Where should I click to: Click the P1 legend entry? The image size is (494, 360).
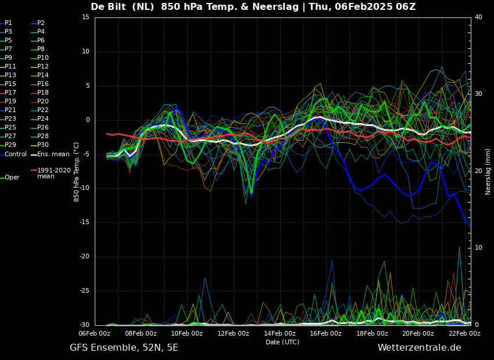pyautogui.click(x=6, y=23)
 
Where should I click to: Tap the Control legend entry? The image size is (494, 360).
pyautogui.click(x=13, y=154)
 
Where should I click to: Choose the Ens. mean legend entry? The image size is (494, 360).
pyautogui.click(x=51, y=154)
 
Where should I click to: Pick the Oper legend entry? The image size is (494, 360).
pyautogui.click(x=10, y=178)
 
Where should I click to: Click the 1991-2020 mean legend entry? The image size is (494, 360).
pyautogui.click(x=51, y=173)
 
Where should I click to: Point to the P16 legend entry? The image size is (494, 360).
pyautogui.click(x=40, y=84)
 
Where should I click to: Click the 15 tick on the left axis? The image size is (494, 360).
pyautogui.click(x=85, y=17)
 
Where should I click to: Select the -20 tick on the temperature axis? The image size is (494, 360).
pyautogui.click(x=84, y=257)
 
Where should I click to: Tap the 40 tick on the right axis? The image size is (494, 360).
pyautogui.click(x=478, y=17)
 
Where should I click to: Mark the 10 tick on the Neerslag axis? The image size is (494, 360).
pyautogui.click(x=478, y=248)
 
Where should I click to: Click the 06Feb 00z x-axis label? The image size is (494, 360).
pyautogui.click(x=95, y=333)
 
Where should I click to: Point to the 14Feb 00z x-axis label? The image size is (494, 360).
pyautogui.click(x=280, y=333)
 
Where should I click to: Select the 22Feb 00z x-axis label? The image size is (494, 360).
pyautogui.click(x=465, y=333)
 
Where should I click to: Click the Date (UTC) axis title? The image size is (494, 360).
pyautogui.click(x=282, y=342)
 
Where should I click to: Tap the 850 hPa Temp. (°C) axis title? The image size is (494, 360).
pyautogui.click(x=77, y=172)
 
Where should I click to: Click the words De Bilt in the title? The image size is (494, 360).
pyautogui.click(x=109, y=6)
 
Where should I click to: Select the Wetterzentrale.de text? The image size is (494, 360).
pyautogui.click(x=420, y=348)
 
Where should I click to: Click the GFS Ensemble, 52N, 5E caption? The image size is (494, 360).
pyautogui.click(x=124, y=348)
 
